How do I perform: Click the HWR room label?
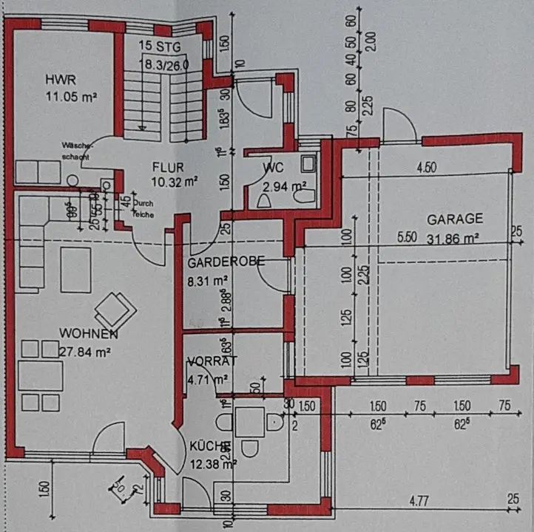59,79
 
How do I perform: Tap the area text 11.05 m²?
72,95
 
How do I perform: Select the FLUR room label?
168,167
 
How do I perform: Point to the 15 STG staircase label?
160,48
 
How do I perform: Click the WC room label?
273,168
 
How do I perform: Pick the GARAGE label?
455,219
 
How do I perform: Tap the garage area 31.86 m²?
453,238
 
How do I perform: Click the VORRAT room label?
212,361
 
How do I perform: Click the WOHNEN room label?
89,335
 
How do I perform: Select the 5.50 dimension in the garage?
408,238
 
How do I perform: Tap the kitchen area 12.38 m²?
213,464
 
